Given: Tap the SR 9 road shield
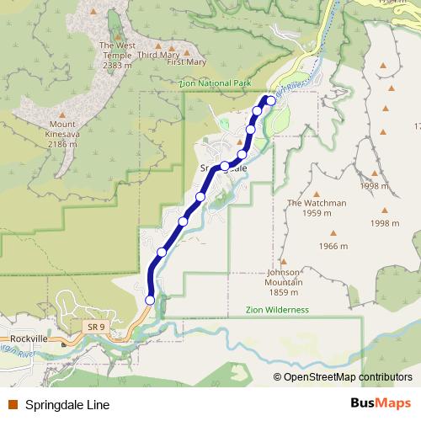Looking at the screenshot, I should pyautogui.click(x=94, y=325).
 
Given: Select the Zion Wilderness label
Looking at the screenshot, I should pyautogui.click(x=277, y=310).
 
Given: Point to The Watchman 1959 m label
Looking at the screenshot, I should pyautogui.click(x=317, y=208).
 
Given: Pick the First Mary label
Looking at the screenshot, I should pyautogui.click(x=186, y=62).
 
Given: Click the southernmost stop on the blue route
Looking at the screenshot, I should pyautogui.click(x=150, y=299).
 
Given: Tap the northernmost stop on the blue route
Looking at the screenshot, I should pyautogui.click(x=271, y=100).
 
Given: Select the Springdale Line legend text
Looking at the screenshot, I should pyautogui.click(x=67, y=405).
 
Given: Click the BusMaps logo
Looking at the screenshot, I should pyautogui.click(x=381, y=404).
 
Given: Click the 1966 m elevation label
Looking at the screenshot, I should pyautogui.click(x=333, y=246).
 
